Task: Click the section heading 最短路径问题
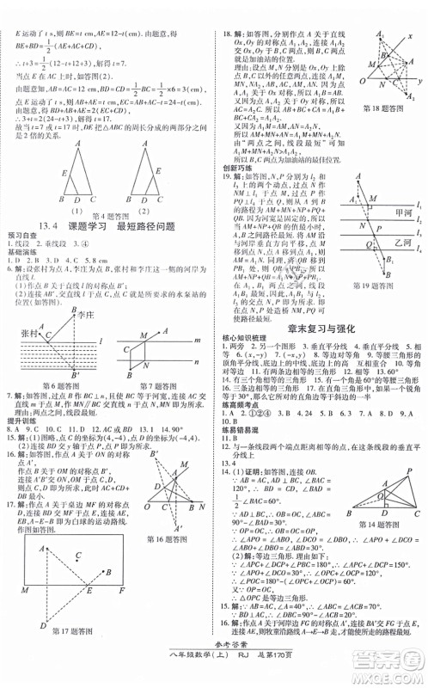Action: [159, 227]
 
